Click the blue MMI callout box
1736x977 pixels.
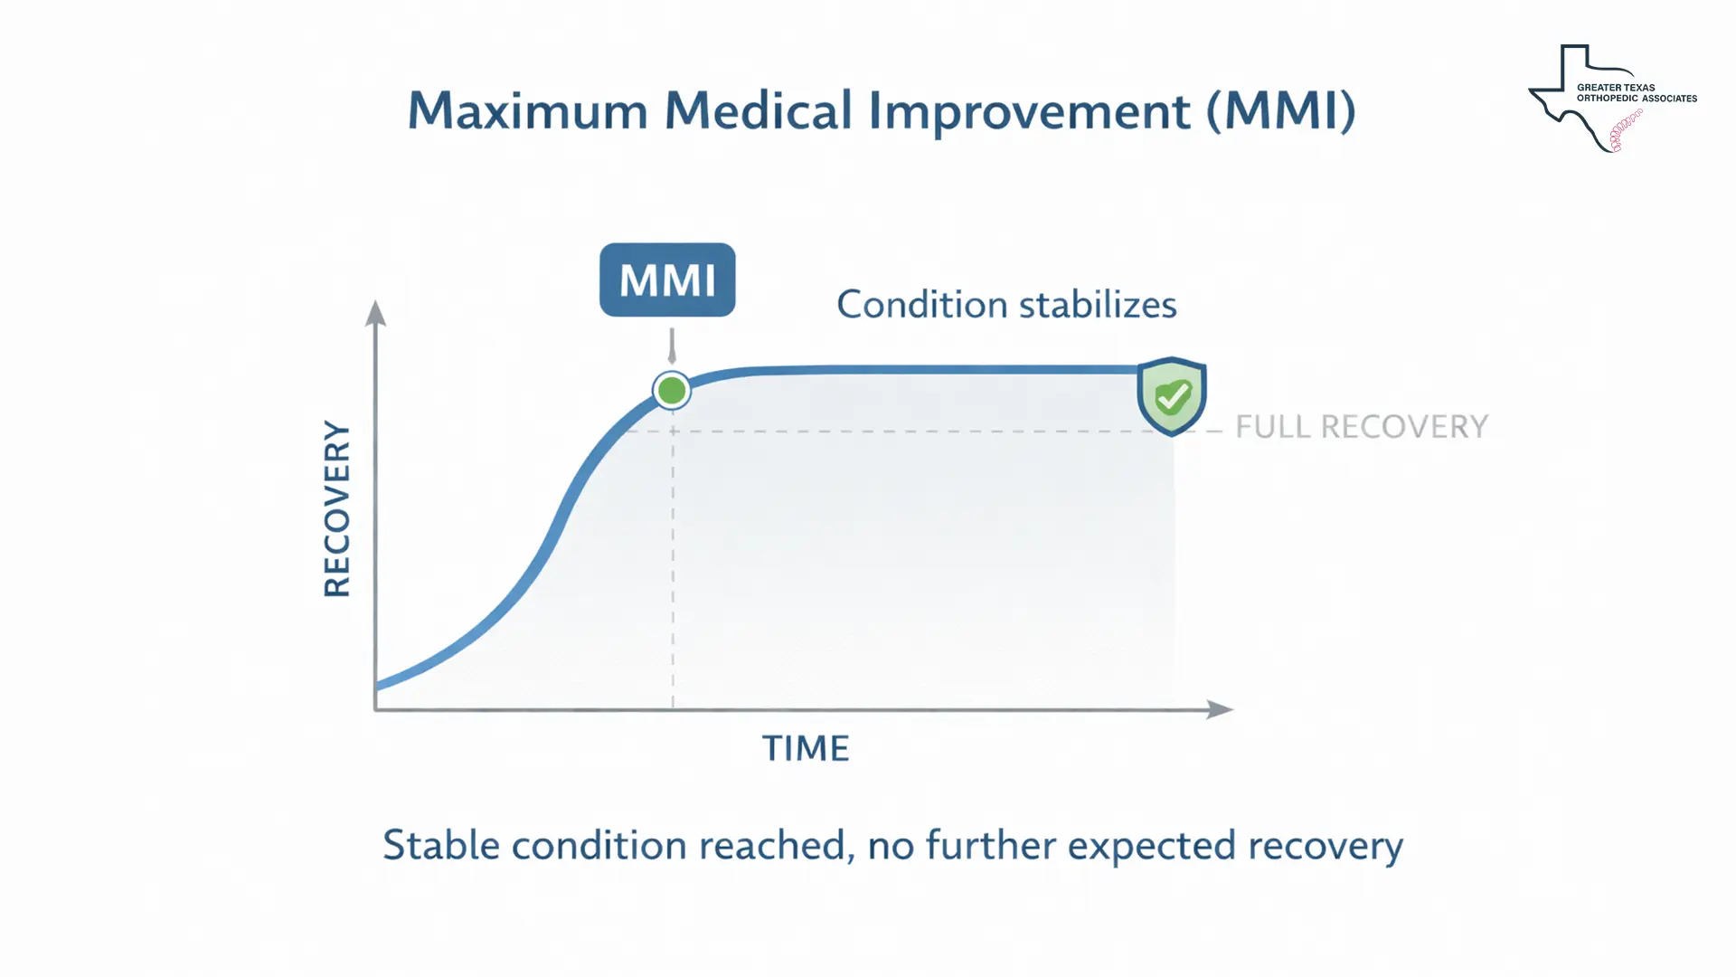(x=667, y=280)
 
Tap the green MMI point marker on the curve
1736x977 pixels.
(x=672, y=391)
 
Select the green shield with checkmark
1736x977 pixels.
(x=1172, y=395)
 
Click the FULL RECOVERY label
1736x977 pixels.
(x=1361, y=427)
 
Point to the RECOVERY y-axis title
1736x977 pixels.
(x=337, y=508)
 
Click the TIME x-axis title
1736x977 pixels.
(x=806, y=749)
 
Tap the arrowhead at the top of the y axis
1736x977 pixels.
(x=375, y=313)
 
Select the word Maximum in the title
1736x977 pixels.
(x=528, y=111)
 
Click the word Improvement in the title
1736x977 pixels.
(x=1030, y=111)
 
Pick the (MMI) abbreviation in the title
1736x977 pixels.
(x=1281, y=111)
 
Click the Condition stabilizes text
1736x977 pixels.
(x=1006, y=305)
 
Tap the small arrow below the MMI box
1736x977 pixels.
(x=672, y=347)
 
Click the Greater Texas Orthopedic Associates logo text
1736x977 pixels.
(x=1637, y=93)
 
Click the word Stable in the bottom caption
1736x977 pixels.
(x=441, y=846)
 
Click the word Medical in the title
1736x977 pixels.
(x=758, y=111)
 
